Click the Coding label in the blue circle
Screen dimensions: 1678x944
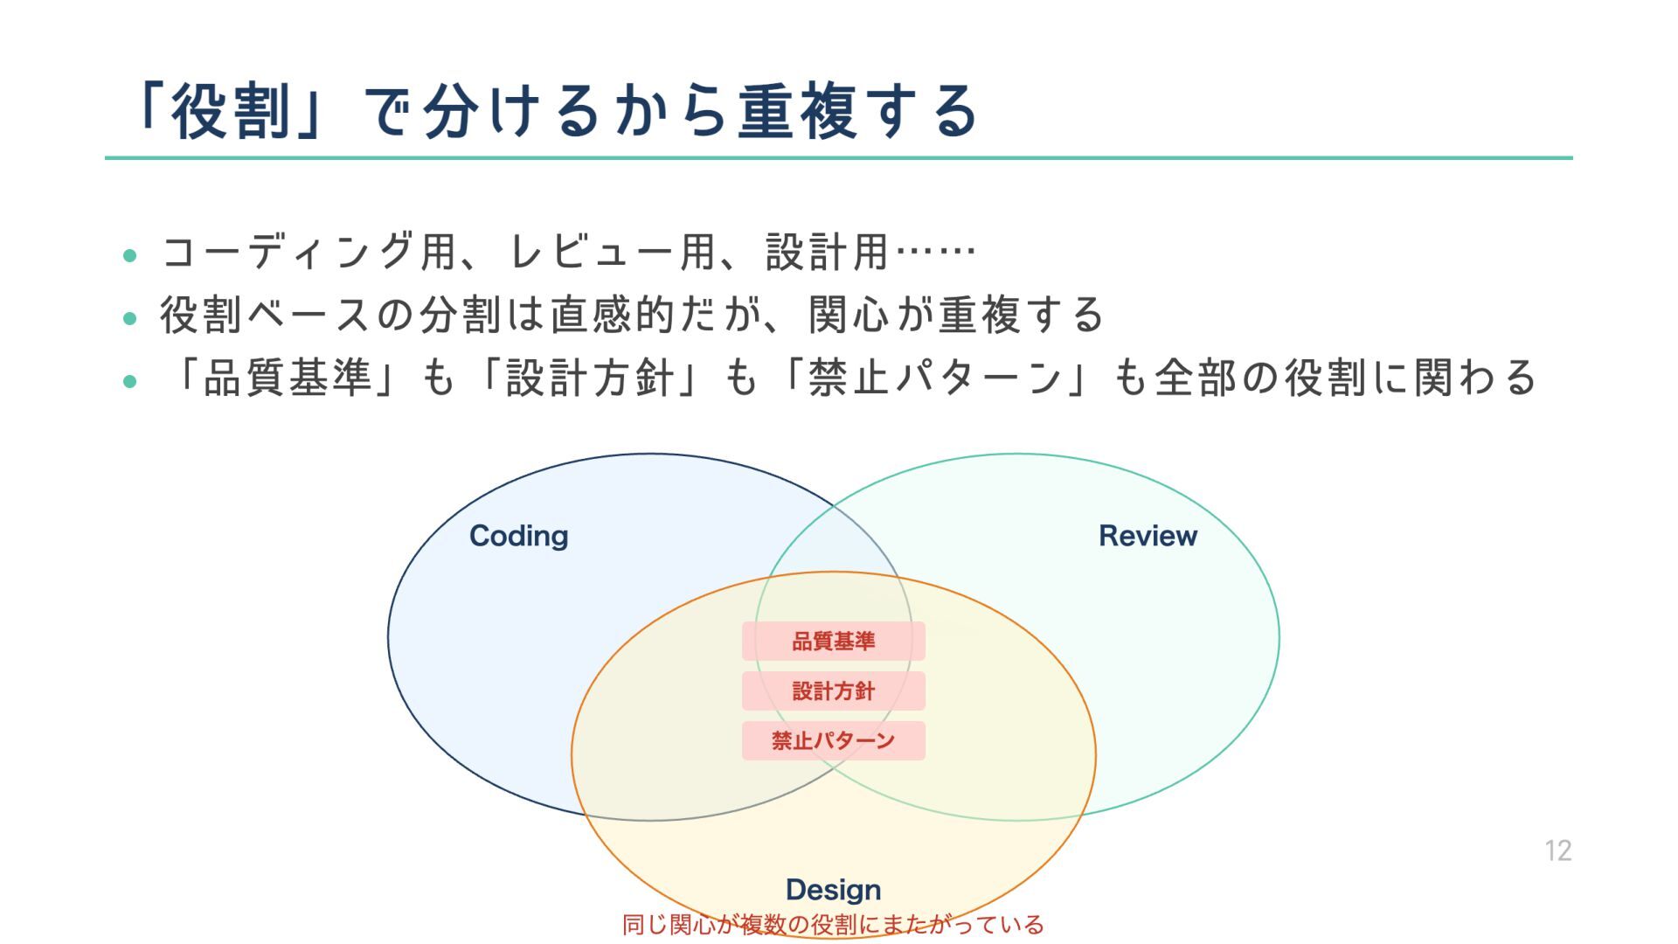(518, 536)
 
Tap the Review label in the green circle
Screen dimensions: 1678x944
(1148, 536)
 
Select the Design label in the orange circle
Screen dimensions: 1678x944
(833, 890)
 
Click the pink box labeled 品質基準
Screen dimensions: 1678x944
(833, 642)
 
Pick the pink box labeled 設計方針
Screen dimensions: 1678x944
(833, 691)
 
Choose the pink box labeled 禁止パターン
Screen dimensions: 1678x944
(833, 741)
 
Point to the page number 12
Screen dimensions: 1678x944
(1557, 850)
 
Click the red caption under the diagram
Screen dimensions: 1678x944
(833, 925)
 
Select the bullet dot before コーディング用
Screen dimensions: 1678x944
(130, 255)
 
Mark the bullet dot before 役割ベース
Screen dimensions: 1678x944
(130, 318)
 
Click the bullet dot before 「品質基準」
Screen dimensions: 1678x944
(130, 381)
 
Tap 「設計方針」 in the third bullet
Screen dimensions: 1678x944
(590, 378)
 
